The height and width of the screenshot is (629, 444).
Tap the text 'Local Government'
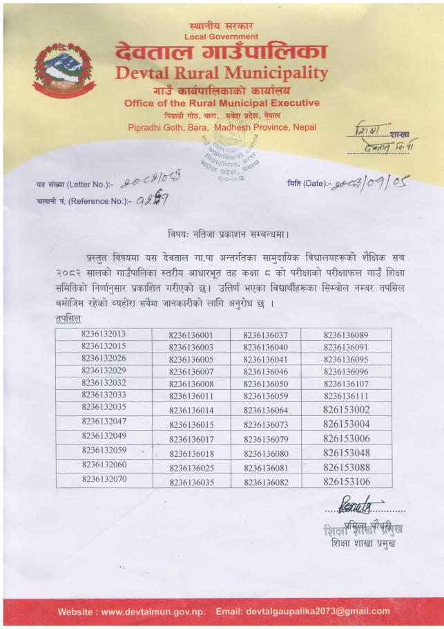(222, 36)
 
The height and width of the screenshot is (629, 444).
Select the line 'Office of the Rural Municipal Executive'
(222, 103)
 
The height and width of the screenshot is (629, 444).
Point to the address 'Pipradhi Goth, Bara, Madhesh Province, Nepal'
(222, 128)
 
